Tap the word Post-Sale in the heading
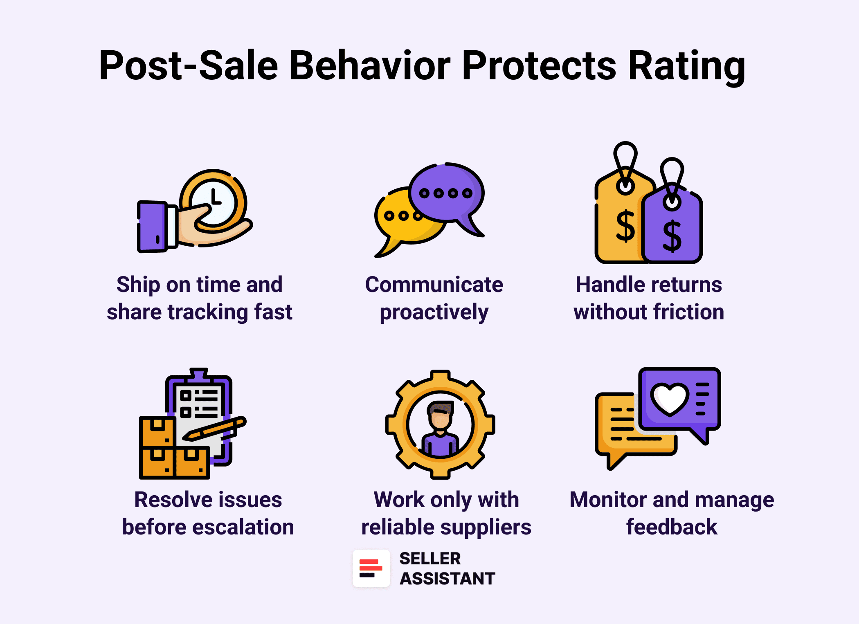tap(189, 65)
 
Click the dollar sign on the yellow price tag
tap(625, 226)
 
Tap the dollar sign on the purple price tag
tap(672, 236)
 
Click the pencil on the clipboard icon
tap(214, 429)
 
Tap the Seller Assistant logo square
tap(371, 568)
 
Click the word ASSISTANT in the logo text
tap(447, 579)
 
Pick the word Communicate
tap(434, 285)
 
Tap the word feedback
tap(672, 527)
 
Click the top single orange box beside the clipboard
tap(157, 431)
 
